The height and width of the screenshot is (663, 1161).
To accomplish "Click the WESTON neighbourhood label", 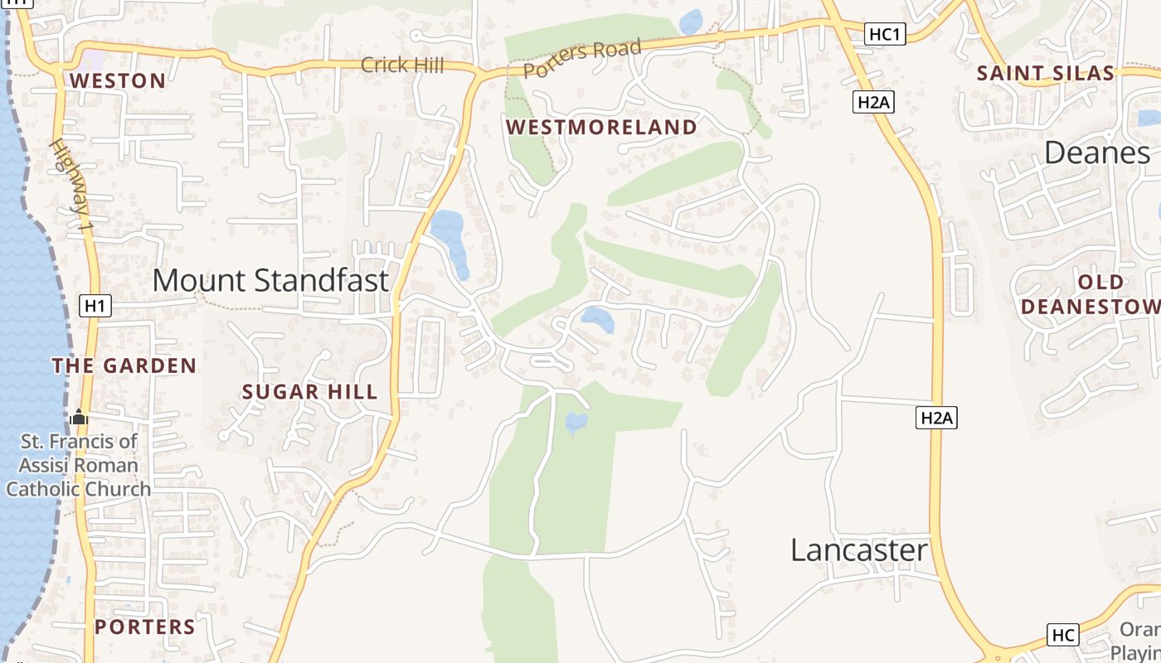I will (x=118, y=80).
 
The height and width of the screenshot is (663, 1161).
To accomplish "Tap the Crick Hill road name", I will (x=402, y=65).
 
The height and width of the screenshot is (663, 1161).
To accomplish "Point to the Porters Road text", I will (x=582, y=58).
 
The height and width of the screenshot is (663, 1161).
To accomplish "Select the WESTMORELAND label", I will (x=601, y=127).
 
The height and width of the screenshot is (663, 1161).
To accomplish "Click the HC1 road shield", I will (x=885, y=34).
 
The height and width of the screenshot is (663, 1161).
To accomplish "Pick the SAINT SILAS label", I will (x=1045, y=73).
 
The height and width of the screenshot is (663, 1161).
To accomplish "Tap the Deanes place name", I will (x=1096, y=152).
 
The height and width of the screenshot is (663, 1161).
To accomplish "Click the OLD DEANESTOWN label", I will (x=1091, y=294).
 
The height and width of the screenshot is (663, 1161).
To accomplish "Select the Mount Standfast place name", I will (x=270, y=280).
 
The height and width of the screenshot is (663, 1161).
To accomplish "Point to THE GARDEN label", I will (x=124, y=365).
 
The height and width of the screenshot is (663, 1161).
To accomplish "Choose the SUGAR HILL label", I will (x=309, y=392).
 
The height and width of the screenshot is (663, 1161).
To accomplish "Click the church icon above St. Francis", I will (x=79, y=417).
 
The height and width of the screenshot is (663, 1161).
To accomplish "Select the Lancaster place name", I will (x=858, y=550).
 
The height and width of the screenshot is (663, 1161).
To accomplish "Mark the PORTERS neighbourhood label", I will (x=144, y=627).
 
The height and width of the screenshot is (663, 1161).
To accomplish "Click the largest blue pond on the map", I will (x=449, y=236).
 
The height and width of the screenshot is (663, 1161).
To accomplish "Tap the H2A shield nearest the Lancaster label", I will (x=937, y=418).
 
